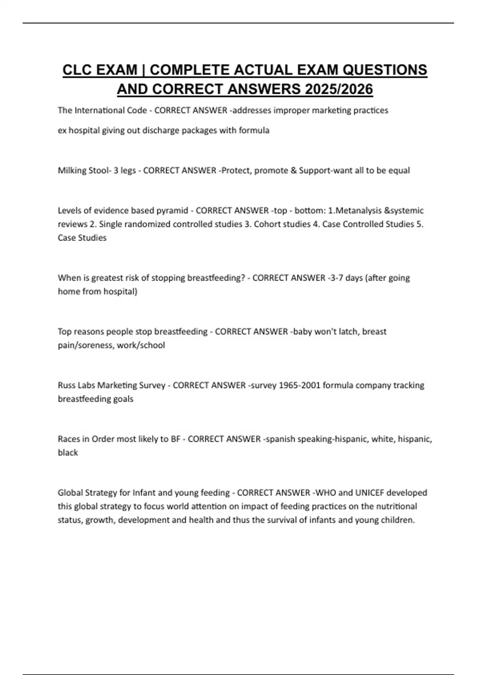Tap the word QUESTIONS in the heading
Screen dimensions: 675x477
pyautogui.click(x=384, y=70)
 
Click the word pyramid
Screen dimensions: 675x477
pyautogui.click(x=172, y=210)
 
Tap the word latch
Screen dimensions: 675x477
pyautogui.click(x=348, y=332)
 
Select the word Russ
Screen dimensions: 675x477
pyautogui.click(x=66, y=386)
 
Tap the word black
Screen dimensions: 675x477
pyautogui.click(x=68, y=453)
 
